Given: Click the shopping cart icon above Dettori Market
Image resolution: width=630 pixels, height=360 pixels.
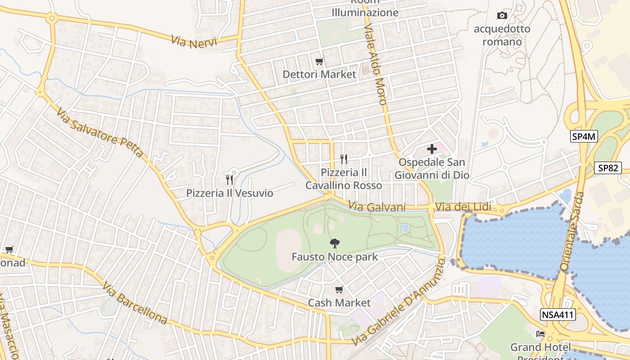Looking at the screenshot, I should pos(319,61).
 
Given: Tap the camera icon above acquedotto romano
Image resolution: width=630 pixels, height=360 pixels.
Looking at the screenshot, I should pos(502,16).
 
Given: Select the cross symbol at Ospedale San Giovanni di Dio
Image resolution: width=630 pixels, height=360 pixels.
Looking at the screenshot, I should pos(432,148).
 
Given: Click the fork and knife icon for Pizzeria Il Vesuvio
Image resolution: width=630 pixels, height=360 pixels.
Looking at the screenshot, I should pos(229,180).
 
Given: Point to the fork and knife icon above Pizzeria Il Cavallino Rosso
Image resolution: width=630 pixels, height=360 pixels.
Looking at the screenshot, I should pos(344,159).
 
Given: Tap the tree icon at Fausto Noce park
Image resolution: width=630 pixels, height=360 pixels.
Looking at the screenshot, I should pos(334,243).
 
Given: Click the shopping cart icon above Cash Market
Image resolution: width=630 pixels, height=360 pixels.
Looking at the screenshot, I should pos(339,289).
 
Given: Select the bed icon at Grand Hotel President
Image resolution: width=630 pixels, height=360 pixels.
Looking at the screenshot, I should pos(540,334).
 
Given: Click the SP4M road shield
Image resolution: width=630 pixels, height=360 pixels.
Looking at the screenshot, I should pos(584,137).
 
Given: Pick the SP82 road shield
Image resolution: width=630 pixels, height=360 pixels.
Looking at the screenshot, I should pos(607,168).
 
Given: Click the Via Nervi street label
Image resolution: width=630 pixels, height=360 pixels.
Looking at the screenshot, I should pos(194,41).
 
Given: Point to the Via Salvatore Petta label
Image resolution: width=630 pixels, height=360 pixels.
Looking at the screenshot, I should pos(100,132).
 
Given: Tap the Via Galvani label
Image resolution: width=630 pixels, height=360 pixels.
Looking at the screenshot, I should pos(378,207).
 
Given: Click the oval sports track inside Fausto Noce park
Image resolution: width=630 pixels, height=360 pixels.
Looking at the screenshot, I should pos(288,250).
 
